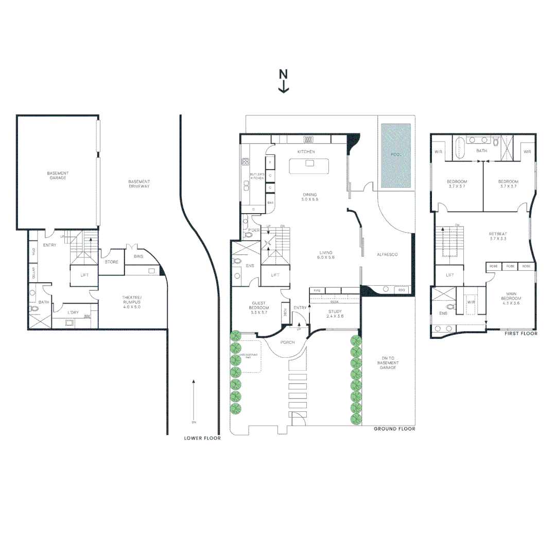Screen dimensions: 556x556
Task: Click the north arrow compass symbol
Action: click(283, 81)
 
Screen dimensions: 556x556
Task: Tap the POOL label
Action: click(395, 154)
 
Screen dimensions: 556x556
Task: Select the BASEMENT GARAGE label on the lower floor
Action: click(58, 175)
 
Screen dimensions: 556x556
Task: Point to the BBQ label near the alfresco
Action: click(402, 290)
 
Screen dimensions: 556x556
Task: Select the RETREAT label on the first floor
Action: click(498, 236)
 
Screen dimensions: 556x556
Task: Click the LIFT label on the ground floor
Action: click(275, 275)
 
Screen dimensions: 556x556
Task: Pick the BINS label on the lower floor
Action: click(138, 256)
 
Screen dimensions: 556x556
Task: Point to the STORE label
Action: click(112, 262)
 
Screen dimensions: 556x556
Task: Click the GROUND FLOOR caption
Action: click(394, 429)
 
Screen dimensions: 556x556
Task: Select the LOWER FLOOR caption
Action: click(202, 439)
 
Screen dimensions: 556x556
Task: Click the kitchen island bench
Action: click(309, 166)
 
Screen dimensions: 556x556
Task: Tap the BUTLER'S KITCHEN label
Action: click(257, 177)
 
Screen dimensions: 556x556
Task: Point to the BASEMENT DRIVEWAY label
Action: click(139, 184)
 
